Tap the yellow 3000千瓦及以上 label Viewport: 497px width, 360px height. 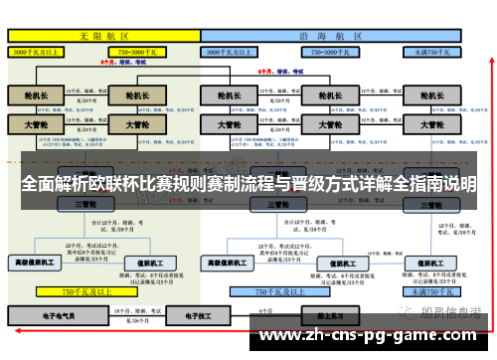(37, 50)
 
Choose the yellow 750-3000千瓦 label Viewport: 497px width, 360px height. (141, 50)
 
